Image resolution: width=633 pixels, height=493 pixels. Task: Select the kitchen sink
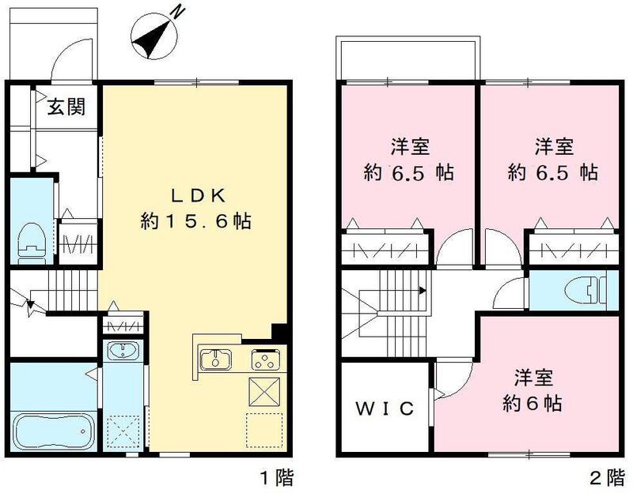[214, 360]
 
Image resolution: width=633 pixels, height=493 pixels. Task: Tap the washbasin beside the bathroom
[123, 352]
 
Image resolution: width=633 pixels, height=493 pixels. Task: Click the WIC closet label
[384, 408]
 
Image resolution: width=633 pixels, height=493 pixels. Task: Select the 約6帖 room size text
[532, 404]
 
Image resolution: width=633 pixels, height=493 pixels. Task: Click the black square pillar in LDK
[278, 332]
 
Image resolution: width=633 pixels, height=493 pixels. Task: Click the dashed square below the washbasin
[123, 431]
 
